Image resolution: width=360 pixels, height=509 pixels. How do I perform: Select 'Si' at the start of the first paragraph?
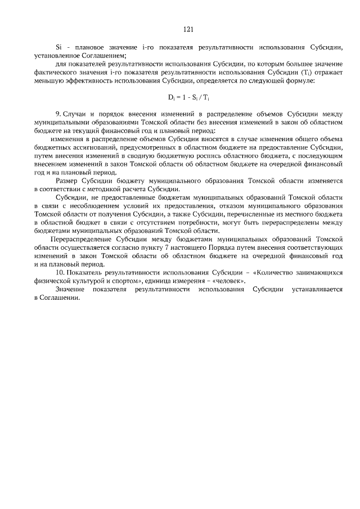(x=58, y=47)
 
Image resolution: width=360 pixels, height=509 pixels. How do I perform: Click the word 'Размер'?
(x=70, y=181)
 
